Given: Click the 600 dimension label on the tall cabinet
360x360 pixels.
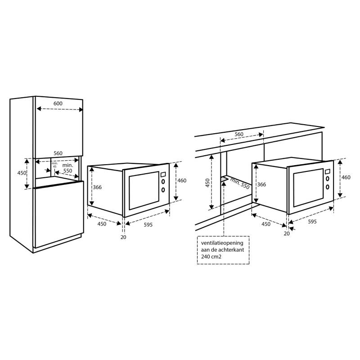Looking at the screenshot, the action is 58,103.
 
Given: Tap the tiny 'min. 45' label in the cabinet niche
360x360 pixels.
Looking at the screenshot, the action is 54,165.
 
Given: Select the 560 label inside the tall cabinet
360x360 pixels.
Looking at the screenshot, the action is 58,153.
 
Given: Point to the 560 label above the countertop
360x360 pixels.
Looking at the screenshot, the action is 239,134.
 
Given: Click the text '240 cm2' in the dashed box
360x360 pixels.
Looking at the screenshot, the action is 211,256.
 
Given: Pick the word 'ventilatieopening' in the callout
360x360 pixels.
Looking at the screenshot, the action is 222,243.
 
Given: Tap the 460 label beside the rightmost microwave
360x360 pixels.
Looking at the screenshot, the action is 346,177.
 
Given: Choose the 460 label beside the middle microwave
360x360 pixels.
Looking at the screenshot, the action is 182,180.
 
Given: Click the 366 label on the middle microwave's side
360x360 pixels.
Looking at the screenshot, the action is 97,187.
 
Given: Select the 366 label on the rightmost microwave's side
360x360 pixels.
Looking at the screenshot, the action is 261,184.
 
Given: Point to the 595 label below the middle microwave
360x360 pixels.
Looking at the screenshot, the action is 148,225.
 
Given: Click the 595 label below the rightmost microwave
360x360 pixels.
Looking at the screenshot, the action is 312,221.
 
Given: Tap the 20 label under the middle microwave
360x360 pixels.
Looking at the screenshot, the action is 123,237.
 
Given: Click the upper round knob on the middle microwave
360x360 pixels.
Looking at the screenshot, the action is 163,182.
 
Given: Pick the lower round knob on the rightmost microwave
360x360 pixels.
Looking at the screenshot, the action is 328,187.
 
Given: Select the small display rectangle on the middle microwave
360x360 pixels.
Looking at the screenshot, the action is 163,175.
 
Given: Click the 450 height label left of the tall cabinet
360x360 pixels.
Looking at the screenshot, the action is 22,173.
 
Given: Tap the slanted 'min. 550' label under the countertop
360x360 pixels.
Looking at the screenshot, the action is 240,184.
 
